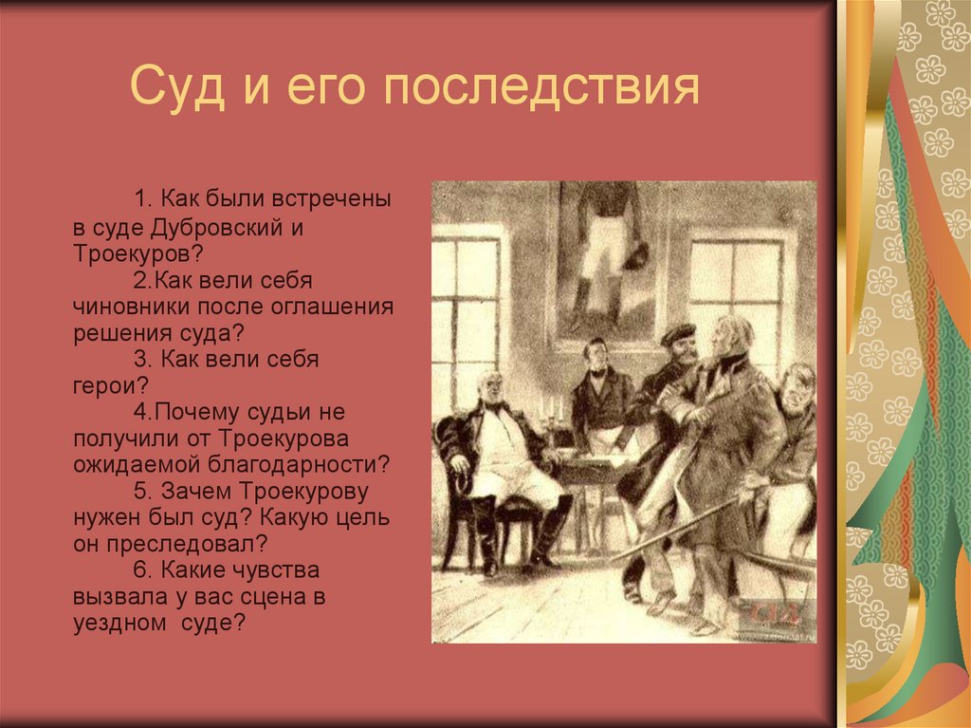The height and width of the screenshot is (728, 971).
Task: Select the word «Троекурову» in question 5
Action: tap(310, 493)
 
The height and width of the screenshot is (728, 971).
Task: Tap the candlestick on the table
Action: tap(547, 414)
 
